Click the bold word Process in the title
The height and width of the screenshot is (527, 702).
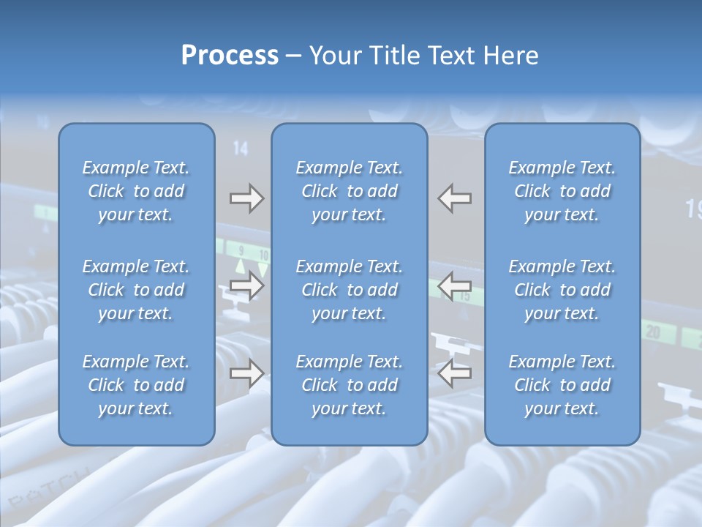[x=230, y=56]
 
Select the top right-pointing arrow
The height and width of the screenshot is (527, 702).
[x=246, y=198]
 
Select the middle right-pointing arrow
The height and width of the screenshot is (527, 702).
[x=246, y=285]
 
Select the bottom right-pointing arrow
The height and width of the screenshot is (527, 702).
[x=246, y=373]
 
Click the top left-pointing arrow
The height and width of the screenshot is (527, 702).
[x=455, y=198]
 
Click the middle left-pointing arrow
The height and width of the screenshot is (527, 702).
[x=455, y=285]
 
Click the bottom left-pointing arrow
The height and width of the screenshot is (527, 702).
[x=455, y=373]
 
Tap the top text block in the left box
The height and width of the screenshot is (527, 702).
[x=136, y=191]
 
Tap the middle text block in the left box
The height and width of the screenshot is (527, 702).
[x=136, y=290]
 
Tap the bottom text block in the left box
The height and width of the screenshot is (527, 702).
[x=136, y=385]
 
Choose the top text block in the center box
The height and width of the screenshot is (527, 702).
[x=349, y=191]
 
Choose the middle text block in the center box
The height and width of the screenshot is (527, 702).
[x=349, y=290]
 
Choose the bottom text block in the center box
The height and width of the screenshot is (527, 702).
[x=349, y=385]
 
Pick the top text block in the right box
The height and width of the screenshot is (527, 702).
[x=562, y=191]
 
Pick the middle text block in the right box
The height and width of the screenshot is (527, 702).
[x=562, y=290]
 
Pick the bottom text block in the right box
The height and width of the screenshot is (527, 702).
[x=562, y=385]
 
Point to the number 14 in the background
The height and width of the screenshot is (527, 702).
[x=241, y=149]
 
